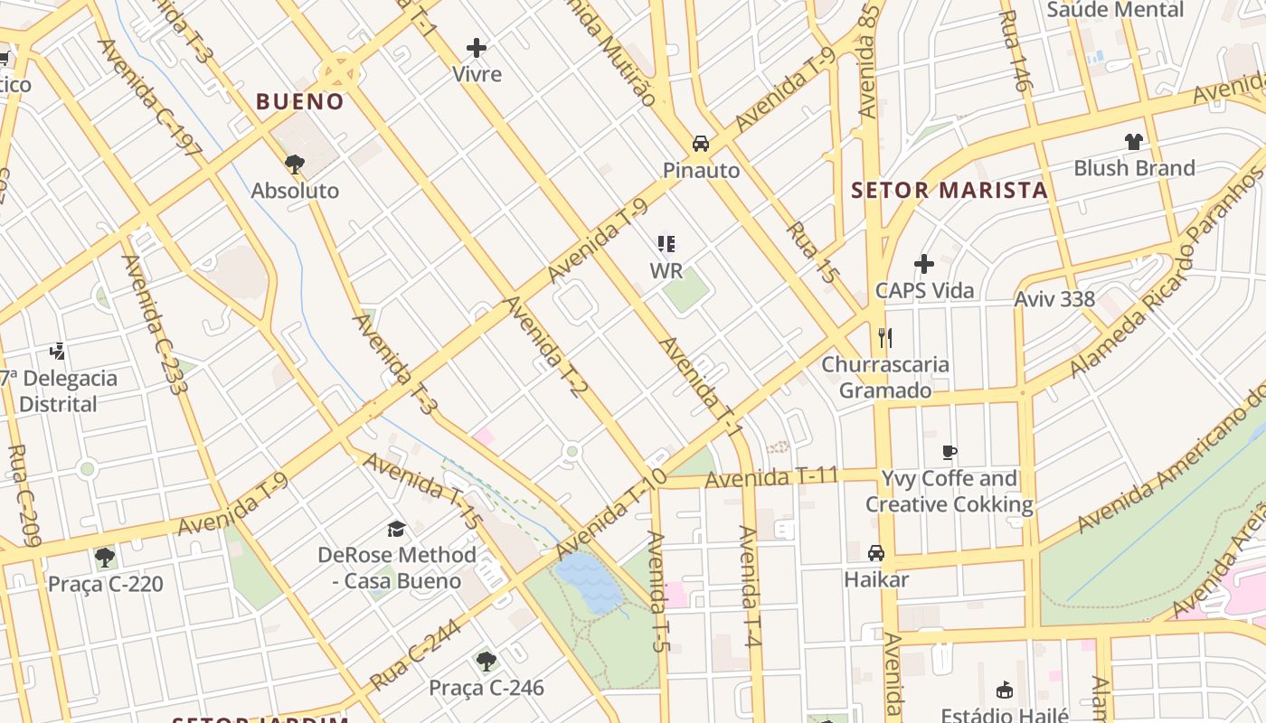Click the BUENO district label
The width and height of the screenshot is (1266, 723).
coord(299,101)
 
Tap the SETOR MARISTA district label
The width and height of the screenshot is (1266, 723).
coord(949,191)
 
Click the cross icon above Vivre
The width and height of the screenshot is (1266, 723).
coord(477,48)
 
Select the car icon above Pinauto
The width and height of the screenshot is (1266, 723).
coord(701,144)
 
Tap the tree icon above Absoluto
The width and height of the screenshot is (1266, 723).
coord(294,164)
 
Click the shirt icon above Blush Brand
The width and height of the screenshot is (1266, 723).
coord(1134,141)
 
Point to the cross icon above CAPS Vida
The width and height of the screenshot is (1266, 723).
coord(923,264)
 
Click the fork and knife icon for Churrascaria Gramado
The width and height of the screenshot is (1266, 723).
coord(885,338)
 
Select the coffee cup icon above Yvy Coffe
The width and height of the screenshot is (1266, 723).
coord(949,452)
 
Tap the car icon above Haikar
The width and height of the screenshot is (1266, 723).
coord(875,552)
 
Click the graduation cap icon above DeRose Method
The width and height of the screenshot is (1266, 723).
coord(396,529)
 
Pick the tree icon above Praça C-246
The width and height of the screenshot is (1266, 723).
coord(487,662)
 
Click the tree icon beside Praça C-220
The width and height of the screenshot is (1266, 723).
coord(105,557)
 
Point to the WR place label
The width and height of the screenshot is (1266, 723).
coord(666,270)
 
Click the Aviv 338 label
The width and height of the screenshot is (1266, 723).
coord(1054,299)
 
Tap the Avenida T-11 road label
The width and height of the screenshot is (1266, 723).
coord(772,476)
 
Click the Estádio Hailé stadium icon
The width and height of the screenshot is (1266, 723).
coord(1004,690)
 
